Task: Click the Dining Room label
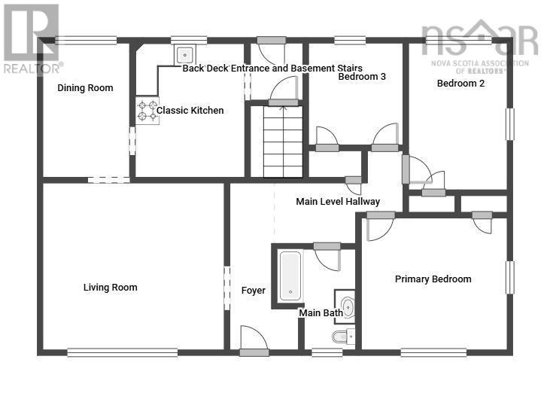click(85, 88)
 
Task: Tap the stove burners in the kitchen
click(147, 111)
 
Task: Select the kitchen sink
click(185, 55)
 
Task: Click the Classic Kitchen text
click(190, 110)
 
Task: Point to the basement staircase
click(283, 142)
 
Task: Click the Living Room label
click(110, 288)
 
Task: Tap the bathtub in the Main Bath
click(290, 276)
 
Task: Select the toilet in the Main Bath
click(343, 337)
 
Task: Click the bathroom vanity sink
click(345, 307)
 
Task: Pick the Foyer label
click(254, 291)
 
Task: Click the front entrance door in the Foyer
click(254, 341)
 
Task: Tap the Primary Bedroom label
click(433, 279)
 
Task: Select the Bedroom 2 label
click(460, 83)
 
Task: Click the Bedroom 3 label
click(362, 77)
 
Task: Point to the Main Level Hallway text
click(338, 202)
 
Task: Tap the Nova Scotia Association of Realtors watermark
click(480, 47)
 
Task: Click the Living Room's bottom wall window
click(123, 352)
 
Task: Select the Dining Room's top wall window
click(86, 41)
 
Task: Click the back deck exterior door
click(272, 40)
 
